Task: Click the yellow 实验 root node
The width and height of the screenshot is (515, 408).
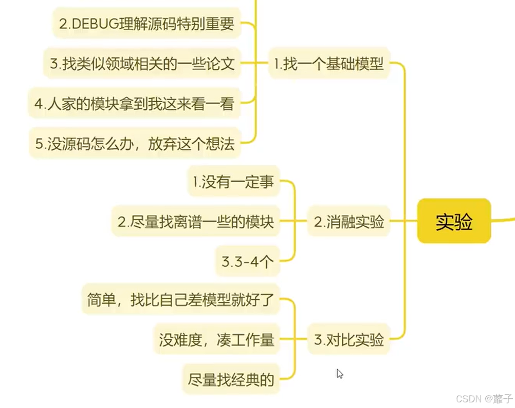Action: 454,221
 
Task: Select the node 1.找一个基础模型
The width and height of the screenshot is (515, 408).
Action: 329,64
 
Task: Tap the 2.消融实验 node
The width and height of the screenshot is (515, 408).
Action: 349,222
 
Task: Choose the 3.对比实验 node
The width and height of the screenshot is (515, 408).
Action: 349,339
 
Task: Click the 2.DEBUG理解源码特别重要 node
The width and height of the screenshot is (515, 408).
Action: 146,24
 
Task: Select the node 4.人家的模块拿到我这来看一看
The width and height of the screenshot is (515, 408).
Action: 134,104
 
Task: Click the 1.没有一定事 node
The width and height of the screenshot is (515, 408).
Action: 233,182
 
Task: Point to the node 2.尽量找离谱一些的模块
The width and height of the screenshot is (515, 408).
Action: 196,222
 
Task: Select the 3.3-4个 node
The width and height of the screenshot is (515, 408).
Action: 247,262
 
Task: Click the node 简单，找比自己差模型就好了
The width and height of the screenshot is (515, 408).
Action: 180,299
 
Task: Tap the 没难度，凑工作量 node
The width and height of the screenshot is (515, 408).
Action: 216,339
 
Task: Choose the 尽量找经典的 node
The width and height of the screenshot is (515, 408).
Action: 231,380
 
